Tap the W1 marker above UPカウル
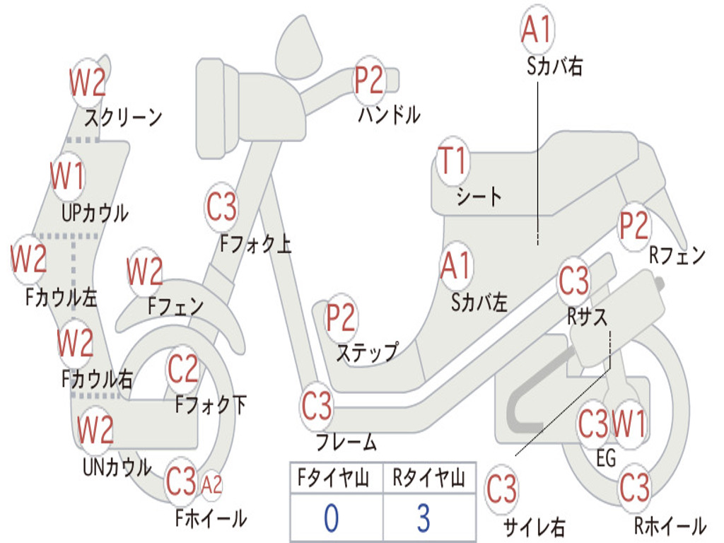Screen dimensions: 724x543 pyautogui.click(x=67, y=176)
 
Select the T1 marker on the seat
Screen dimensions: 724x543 pyautogui.click(x=452, y=161)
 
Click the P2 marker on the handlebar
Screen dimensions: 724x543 pyautogui.click(x=369, y=80)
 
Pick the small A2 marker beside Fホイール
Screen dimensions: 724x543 pyautogui.click(x=211, y=485)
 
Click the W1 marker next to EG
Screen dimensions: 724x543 pyautogui.click(x=628, y=424)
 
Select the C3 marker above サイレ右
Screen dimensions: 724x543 pyautogui.click(x=501, y=489)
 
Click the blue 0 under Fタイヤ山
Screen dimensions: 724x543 pyautogui.click(x=332, y=518)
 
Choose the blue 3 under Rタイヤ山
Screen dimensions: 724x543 pyautogui.click(x=424, y=518)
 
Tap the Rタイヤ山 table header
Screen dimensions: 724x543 pyautogui.click(x=429, y=478)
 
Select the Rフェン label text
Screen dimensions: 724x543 pyautogui.click(x=677, y=255)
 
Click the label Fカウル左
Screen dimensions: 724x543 pyautogui.click(x=61, y=298)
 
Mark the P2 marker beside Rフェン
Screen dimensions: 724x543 pyautogui.click(x=634, y=226)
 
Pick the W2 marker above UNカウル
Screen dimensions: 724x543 pyautogui.click(x=95, y=429)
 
